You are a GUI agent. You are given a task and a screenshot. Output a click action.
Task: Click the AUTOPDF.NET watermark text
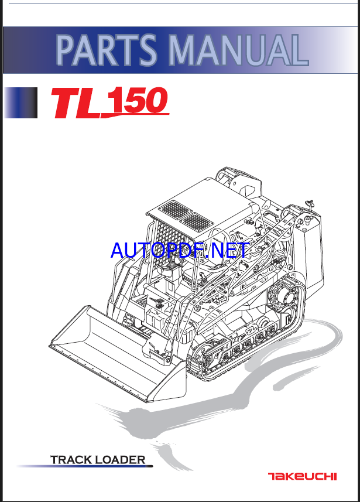pyautogui.click(x=180, y=251)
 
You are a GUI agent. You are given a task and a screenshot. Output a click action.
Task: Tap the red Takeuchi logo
pyautogui.click(x=302, y=476)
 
